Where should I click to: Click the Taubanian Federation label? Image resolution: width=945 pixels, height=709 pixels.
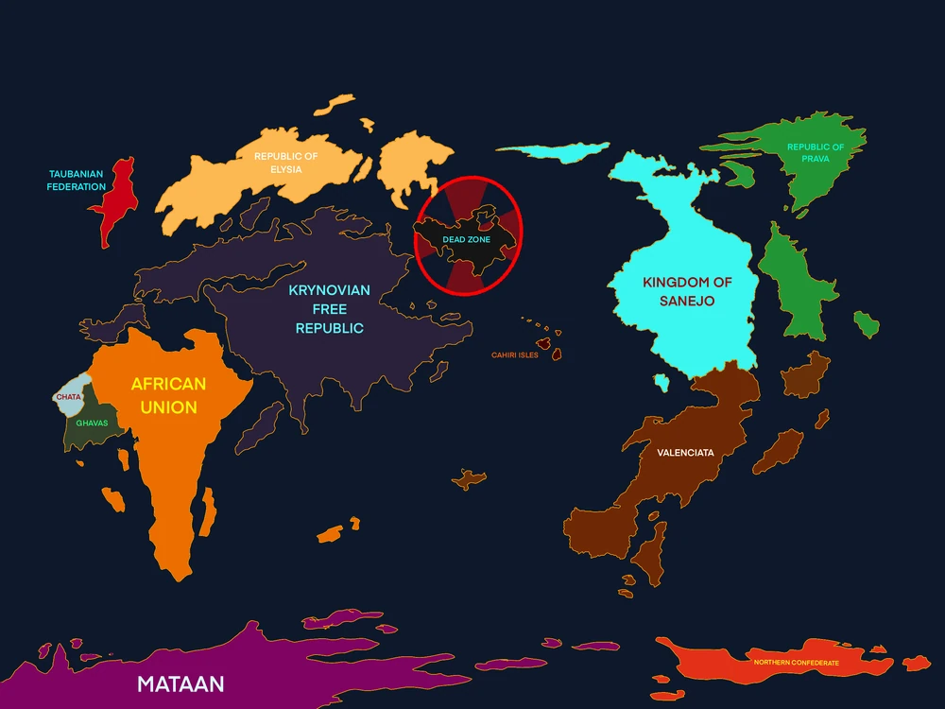tap(77, 181)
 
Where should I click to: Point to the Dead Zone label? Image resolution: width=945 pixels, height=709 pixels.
tap(467, 239)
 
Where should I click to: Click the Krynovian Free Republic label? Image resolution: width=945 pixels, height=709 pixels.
tap(330, 309)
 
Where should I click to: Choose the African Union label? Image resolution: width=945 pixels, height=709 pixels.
tap(167, 396)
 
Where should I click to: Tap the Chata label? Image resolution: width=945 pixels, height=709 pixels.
tap(69, 397)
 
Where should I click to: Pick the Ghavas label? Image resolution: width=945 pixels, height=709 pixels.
tap(92, 423)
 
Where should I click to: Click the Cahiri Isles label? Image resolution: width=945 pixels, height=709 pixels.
tap(515, 355)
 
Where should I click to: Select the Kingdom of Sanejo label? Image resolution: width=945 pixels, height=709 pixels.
tap(688, 291)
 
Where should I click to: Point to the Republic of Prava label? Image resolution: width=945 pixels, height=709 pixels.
tap(816, 153)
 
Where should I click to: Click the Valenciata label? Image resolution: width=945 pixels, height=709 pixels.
tap(685, 453)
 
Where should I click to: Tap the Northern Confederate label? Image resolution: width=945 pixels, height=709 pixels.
tap(796, 663)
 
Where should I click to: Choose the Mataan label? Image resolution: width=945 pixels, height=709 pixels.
tap(181, 683)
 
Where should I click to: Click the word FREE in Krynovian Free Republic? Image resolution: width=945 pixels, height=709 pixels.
tap(330, 309)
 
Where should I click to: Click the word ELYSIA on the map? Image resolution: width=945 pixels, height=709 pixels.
tap(285, 169)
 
